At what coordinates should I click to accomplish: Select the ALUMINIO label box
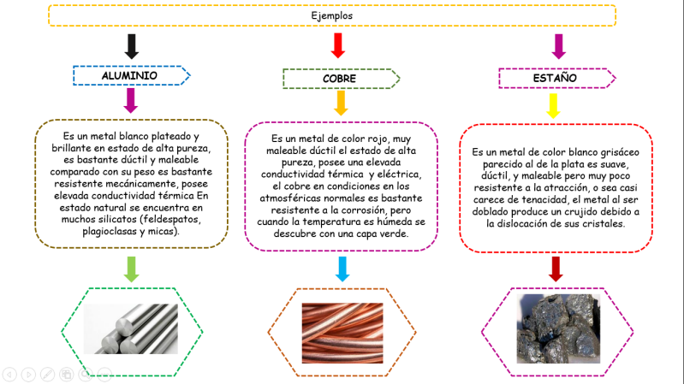click(129, 75)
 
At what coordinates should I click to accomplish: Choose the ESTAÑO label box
click(556, 78)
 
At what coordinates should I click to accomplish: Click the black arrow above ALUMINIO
click(131, 45)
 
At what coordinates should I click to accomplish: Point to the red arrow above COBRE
click(338, 45)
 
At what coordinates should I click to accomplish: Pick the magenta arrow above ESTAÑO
click(559, 45)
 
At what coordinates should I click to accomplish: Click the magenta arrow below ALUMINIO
click(130, 100)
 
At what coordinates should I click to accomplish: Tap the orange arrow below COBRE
click(341, 103)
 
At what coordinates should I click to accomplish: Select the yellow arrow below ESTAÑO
click(554, 105)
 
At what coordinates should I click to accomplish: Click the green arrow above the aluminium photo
click(130, 268)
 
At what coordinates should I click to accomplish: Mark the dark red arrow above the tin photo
click(555, 269)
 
